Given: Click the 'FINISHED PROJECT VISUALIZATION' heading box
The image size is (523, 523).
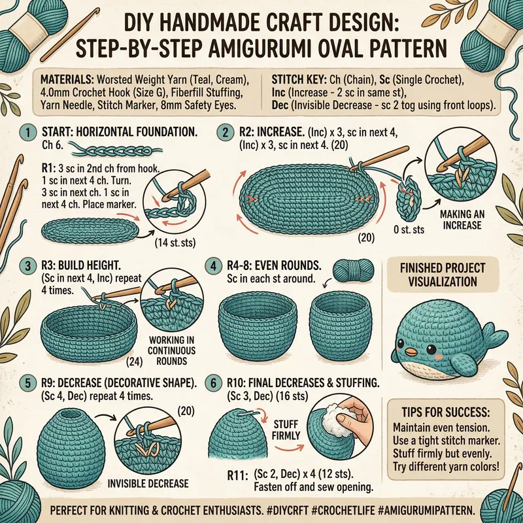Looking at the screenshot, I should [447, 276].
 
